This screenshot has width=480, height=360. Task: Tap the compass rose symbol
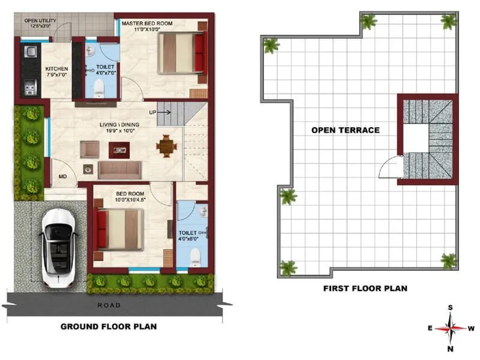coord(450,328)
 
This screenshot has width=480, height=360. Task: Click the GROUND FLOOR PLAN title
coord(109,327)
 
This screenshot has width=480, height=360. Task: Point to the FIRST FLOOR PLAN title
coord(365,289)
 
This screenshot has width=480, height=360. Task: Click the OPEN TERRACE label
coord(345,130)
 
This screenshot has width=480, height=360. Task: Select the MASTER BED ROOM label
coord(147,23)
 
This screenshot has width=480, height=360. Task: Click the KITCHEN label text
coord(57,69)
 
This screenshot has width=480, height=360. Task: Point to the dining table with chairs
coord(166,145)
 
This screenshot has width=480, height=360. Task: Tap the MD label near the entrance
coord(62,177)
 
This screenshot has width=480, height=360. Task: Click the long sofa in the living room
coord(119,170)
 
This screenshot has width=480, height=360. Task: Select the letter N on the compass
coord(450,349)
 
